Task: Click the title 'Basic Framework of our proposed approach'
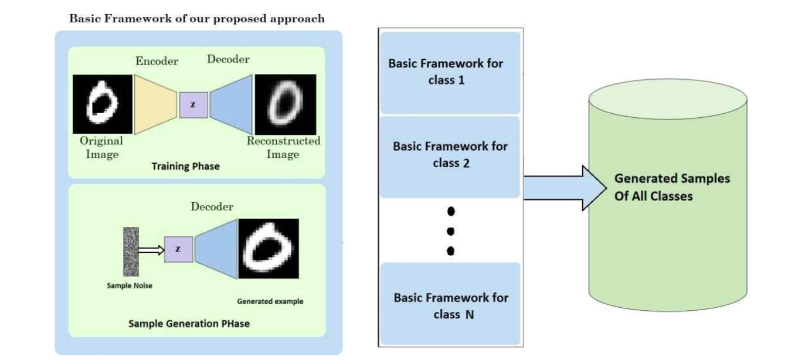pos(196,18)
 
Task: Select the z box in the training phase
pos(193,104)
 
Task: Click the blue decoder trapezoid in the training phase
pos(231,104)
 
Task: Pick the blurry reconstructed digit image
pos(285,104)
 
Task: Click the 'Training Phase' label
pos(185,167)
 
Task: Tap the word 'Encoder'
pos(157,61)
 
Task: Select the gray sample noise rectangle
pos(130,251)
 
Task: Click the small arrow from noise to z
pos(151,250)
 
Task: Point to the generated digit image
pos(269,249)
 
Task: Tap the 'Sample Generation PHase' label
pos(189,324)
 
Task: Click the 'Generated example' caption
pos(270,301)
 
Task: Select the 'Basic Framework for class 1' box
pos(450,72)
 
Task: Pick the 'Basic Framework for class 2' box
pos(450,155)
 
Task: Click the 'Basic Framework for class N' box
pos(450,305)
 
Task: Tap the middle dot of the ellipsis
pos(450,231)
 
